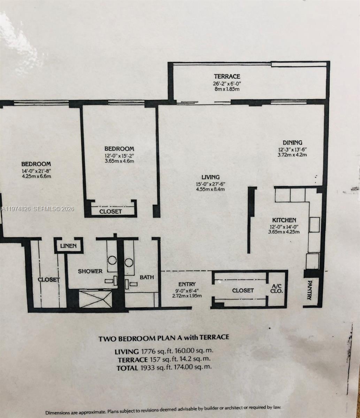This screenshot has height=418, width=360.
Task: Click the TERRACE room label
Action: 227,76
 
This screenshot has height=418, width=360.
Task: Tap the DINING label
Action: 292,142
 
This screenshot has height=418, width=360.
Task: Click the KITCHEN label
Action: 284,220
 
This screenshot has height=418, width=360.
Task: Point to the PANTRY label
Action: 309,290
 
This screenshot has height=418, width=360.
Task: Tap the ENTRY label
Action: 187,284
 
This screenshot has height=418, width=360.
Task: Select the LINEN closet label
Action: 68,246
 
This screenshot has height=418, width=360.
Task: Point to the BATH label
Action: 147,277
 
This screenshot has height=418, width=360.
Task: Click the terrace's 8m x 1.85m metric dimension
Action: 227,89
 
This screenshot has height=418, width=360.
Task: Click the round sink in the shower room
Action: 112,260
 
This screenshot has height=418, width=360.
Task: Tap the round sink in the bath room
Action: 129,262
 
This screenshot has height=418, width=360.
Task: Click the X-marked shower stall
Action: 95,299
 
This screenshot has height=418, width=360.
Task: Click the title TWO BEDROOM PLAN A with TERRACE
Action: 164,338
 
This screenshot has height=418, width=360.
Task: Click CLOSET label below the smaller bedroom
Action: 110,211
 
